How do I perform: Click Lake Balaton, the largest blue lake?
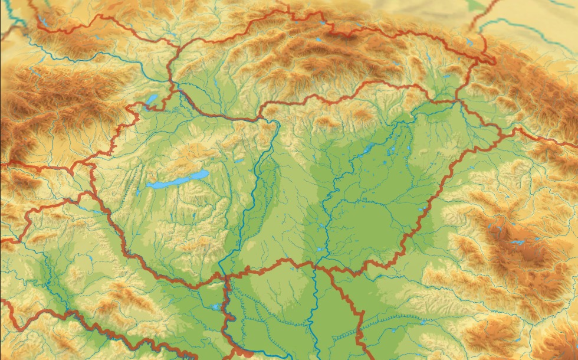point(177,180)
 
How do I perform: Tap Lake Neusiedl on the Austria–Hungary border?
point(152,99)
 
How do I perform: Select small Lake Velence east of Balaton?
point(238,160)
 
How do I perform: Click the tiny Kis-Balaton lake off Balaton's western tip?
point(139,192)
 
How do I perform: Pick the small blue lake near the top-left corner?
point(42,24)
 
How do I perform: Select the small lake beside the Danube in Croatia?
point(216,307)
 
